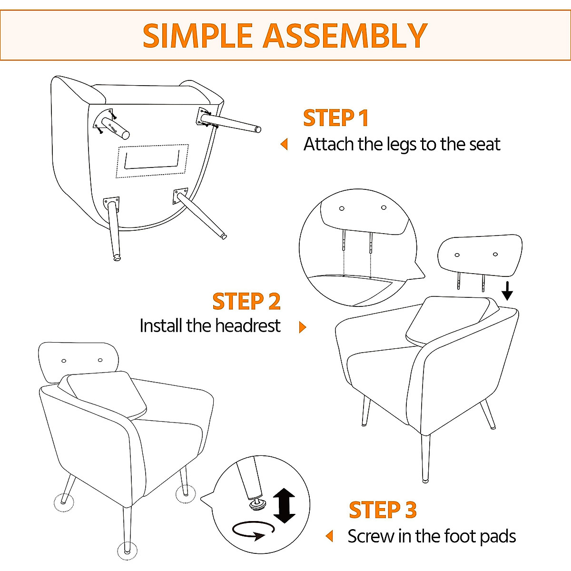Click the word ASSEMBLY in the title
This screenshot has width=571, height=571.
tap(345, 36)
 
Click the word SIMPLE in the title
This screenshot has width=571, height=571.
tap(197, 36)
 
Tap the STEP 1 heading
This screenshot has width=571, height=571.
tap(336, 118)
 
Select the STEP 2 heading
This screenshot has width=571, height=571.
tap(246, 302)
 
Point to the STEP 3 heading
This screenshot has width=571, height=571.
tap(383, 510)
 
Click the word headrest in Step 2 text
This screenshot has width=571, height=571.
tap(247, 326)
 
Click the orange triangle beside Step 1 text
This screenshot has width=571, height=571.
tap(285, 144)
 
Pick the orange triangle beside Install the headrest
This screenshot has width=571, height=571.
tap(302, 327)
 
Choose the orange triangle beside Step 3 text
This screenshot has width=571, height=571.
tap(329, 536)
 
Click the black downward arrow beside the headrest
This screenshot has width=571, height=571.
tap(507, 291)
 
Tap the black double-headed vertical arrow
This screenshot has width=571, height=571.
tap(285, 505)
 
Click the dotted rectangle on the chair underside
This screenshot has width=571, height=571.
tap(152, 161)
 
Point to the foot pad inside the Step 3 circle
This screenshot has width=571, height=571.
tap(257, 503)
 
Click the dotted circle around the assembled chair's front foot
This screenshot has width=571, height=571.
tap(126, 551)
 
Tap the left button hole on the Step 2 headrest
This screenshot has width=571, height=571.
tap(457, 255)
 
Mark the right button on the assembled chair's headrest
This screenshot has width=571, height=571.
tap(100, 360)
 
